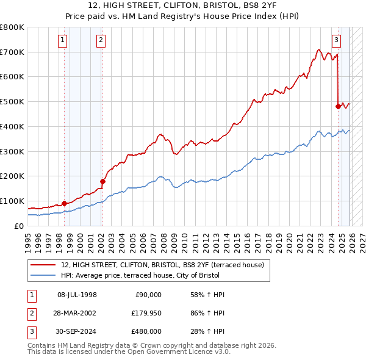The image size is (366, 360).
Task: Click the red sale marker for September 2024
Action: (x=338, y=106)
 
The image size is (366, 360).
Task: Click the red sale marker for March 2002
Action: (x=102, y=181)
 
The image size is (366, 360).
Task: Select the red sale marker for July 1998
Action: (x=65, y=203)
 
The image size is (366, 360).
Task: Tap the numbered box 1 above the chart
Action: (x=63, y=41)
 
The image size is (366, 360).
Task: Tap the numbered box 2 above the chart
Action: (x=101, y=41)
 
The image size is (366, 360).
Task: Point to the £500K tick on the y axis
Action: (x=12, y=102)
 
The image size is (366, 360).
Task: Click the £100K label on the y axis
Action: (x=12, y=201)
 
